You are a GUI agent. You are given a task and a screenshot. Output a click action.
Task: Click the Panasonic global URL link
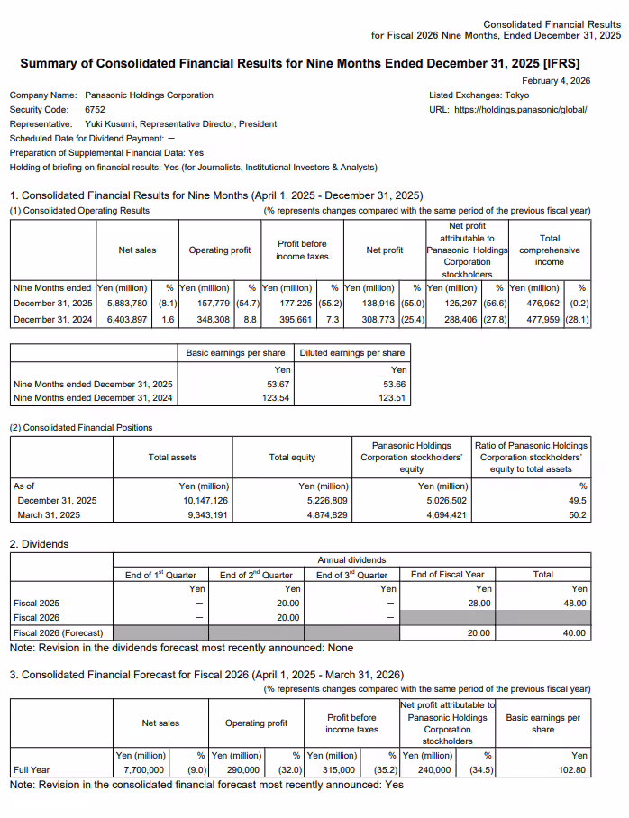(x=522, y=109)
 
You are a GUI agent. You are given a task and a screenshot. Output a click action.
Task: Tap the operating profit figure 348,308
(x=215, y=320)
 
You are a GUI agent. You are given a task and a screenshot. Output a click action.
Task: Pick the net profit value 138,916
(x=381, y=304)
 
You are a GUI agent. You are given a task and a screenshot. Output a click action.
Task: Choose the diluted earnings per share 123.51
(x=391, y=397)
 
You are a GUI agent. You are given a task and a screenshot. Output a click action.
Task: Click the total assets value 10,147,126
(x=205, y=500)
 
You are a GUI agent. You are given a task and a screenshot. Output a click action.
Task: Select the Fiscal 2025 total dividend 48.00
(x=572, y=603)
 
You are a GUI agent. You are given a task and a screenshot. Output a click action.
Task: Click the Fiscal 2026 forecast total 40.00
(x=572, y=632)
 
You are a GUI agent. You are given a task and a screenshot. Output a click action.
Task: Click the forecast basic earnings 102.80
(x=572, y=770)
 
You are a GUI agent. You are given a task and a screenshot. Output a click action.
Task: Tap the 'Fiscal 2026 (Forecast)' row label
(x=58, y=632)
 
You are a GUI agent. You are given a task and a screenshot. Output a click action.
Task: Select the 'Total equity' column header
(x=292, y=457)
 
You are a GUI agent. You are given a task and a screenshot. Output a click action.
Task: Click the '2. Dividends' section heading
(x=39, y=544)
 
